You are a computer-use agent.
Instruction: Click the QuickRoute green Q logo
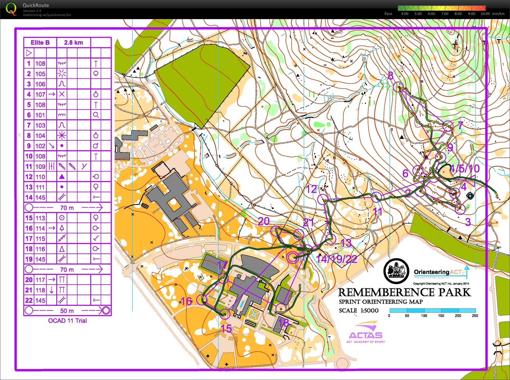[x=11, y=9]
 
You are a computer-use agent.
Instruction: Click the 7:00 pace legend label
[x=445, y=14]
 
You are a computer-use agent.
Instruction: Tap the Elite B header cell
[x=40, y=43]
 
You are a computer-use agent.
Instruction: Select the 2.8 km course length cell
[x=73, y=43]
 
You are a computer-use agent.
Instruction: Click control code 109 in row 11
[x=40, y=167]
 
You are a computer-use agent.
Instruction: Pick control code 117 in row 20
[x=40, y=280]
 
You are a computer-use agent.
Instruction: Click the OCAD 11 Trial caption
[x=67, y=321]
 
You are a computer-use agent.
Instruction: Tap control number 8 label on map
[x=391, y=76]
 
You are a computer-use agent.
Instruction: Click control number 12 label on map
[x=311, y=189]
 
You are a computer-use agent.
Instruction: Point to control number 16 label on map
[x=186, y=301]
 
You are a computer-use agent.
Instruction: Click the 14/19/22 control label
[x=336, y=259]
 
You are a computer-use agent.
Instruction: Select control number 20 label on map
[x=263, y=222]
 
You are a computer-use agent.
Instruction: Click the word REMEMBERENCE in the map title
[x=387, y=292]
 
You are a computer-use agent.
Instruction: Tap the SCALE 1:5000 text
[x=358, y=311]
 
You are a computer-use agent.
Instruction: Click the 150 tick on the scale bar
[x=441, y=316]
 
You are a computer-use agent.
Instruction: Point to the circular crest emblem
[x=396, y=271]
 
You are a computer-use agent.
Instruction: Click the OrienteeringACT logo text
[x=437, y=272]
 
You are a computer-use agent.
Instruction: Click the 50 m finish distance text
[x=67, y=311]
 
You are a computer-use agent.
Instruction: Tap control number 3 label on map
[x=468, y=222]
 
